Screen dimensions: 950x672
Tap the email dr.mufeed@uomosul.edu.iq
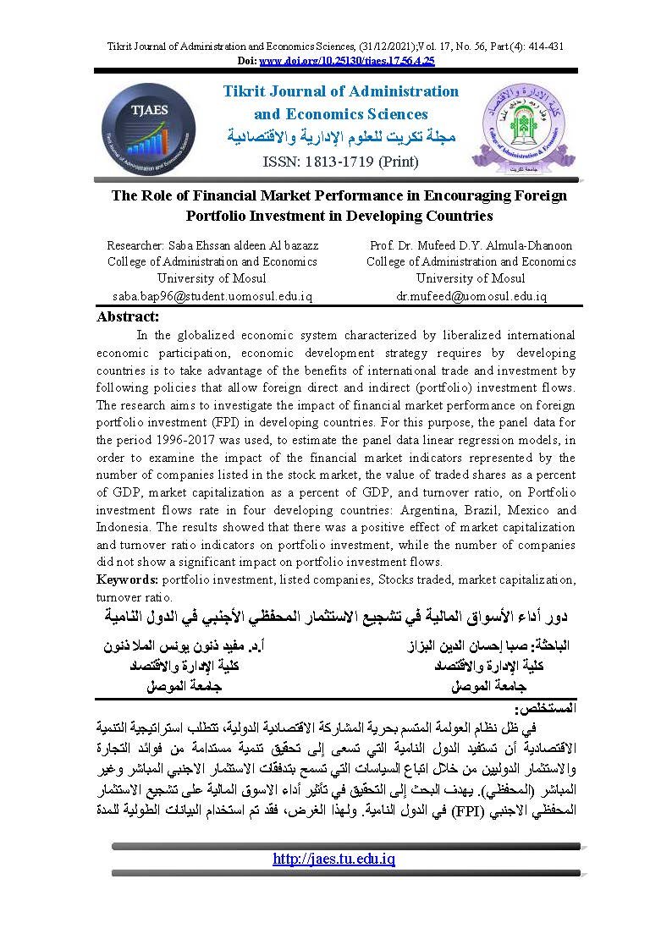pyautogui.click(x=471, y=296)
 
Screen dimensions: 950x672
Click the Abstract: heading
pyautogui.click(x=128, y=316)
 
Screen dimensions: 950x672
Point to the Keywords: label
pyautogui.click(x=128, y=579)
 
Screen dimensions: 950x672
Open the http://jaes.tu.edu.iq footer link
pyautogui.click(x=334, y=859)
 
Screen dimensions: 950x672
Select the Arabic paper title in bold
pyautogui.click(x=336, y=613)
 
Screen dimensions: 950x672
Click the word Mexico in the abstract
pyautogui.click(x=523, y=510)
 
